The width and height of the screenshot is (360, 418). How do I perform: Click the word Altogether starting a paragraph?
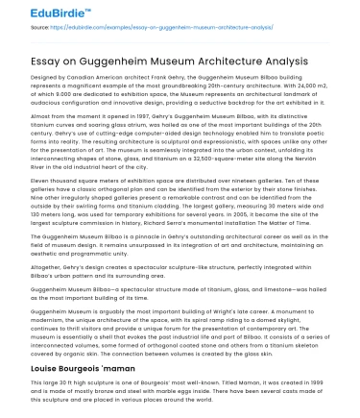click(x=50, y=265)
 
